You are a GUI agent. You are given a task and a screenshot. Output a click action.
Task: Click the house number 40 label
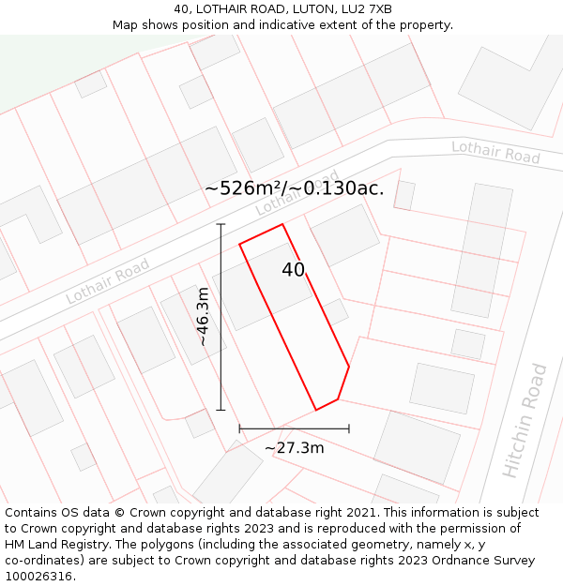pos(294,270)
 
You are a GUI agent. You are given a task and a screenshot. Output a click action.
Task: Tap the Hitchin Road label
pos(525,421)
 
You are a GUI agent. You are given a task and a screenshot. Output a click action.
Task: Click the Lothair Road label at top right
pos(495,152)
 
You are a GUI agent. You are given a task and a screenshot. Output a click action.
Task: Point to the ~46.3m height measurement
pos(204,317)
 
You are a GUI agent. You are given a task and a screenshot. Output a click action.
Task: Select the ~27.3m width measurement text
pos(295,448)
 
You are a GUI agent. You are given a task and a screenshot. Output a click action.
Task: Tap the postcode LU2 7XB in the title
pos(368,9)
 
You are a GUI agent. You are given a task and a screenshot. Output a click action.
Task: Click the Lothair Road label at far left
pos(107,281)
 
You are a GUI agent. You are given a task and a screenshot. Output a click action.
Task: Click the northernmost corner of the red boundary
pos(282,224)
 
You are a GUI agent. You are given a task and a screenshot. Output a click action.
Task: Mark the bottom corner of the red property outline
pos(316,410)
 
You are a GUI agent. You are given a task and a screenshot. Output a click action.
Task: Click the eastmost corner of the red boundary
pos(349,367)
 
